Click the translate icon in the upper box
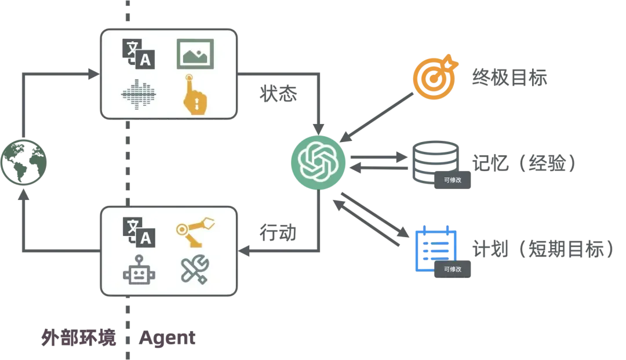coord(139,54)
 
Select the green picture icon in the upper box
coord(195,54)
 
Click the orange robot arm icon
coord(195,230)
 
